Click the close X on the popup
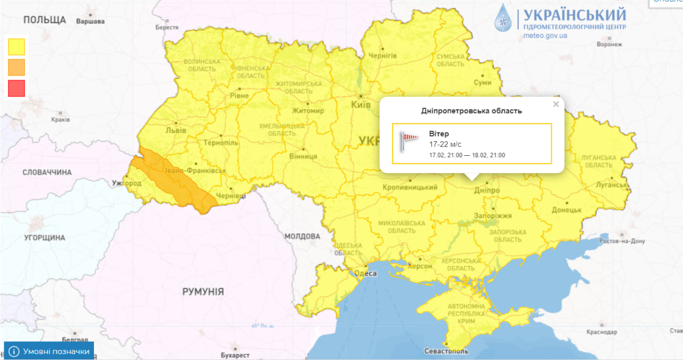click(x=556, y=105)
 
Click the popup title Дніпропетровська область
click(x=471, y=111)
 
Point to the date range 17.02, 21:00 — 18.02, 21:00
click(x=467, y=155)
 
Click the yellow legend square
click(x=17, y=46)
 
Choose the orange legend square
click(x=17, y=67)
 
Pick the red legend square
click(x=17, y=89)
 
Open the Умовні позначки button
click(x=49, y=351)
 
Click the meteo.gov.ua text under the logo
click(x=545, y=36)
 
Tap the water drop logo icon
click(x=503, y=18)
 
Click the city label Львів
click(x=176, y=130)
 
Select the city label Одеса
click(x=366, y=274)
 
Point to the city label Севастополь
click(x=446, y=351)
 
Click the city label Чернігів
click(x=383, y=55)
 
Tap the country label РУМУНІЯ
click(x=203, y=292)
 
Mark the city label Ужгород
click(x=127, y=183)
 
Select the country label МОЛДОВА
click(x=302, y=236)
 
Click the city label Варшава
click(x=90, y=22)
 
